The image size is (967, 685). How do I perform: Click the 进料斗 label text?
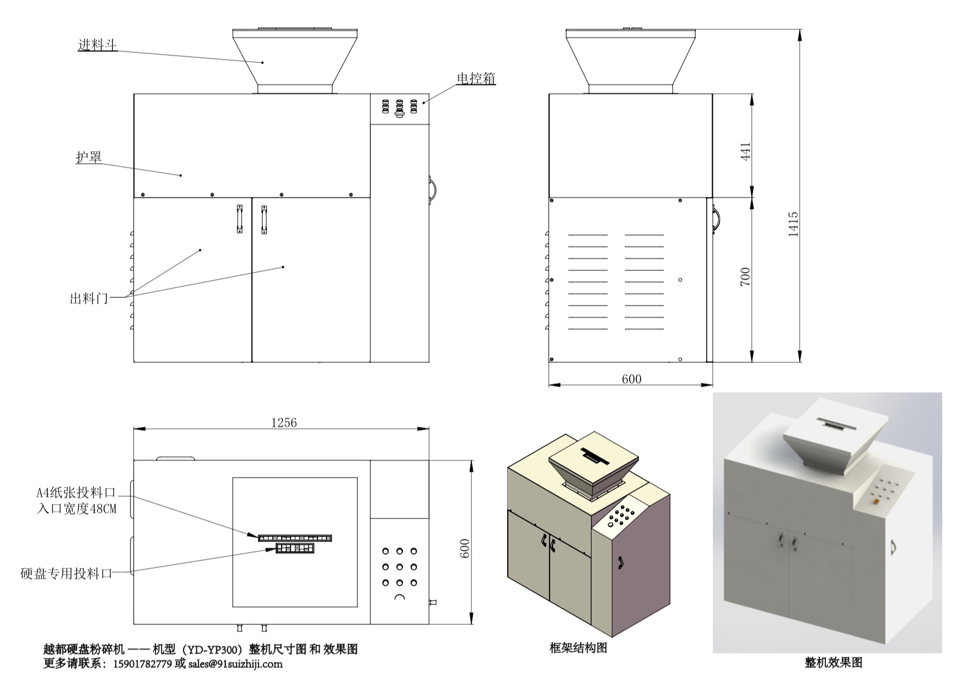click(x=98, y=45)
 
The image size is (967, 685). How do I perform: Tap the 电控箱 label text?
click(x=476, y=79)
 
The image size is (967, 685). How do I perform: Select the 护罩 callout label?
click(x=89, y=157)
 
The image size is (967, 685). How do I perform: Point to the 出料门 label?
click(x=89, y=299)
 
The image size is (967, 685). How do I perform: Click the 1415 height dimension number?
click(x=793, y=224)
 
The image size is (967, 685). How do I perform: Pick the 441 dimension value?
click(x=745, y=151)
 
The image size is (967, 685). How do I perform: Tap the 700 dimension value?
click(x=745, y=276)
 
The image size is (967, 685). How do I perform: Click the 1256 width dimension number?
click(x=283, y=422)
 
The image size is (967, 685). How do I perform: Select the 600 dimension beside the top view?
click(x=465, y=548)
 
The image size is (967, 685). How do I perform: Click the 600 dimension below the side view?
click(x=631, y=379)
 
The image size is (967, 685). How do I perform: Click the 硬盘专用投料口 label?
click(x=66, y=574)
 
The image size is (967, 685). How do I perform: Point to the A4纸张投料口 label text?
click(x=76, y=493)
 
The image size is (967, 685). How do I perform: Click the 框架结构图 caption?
click(x=578, y=647)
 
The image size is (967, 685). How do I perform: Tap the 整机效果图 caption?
click(x=833, y=662)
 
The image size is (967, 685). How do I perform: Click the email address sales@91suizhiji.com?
click(x=235, y=664)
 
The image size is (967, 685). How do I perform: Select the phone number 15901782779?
click(x=142, y=664)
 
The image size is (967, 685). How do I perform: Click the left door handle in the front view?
click(x=240, y=219)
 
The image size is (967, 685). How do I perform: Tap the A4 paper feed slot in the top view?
click(x=295, y=538)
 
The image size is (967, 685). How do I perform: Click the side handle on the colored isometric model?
click(x=621, y=563)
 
